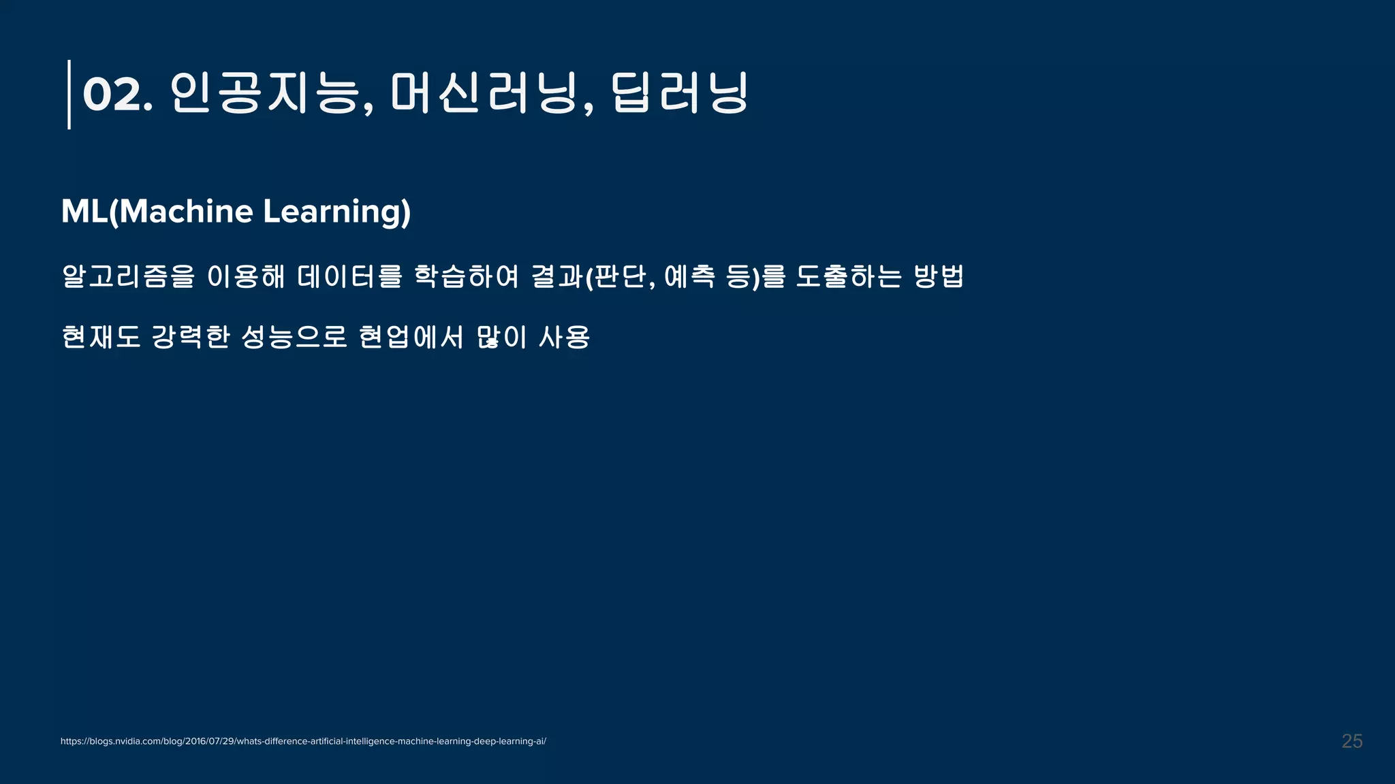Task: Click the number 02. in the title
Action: pos(116,95)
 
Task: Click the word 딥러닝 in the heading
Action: pos(680,93)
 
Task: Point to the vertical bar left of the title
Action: pos(69,95)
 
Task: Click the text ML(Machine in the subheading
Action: pos(157,212)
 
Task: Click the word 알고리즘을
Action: pos(128,276)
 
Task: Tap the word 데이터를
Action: pos(349,276)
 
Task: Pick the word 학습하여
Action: pos(467,276)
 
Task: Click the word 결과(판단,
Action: pos(593,276)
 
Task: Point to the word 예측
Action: pos(689,276)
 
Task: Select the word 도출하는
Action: pos(849,276)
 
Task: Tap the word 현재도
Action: pos(101,337)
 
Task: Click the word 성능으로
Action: pos(294,337)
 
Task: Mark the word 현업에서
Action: pos(411,337)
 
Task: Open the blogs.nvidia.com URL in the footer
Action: pos(303,741)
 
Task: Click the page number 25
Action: pos(1351,741)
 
